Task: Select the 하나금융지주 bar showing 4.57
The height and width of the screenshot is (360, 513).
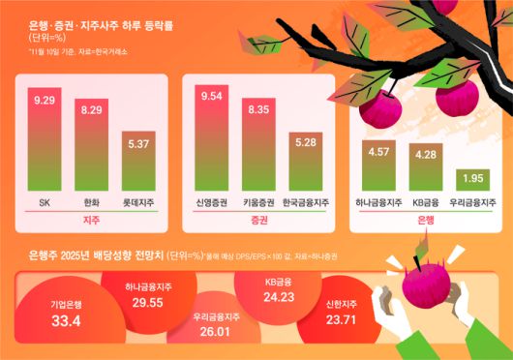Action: coord(378,167)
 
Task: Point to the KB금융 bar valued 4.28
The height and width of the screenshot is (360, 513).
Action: coord(427,169)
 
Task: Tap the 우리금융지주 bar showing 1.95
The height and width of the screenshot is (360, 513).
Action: coord(474,181)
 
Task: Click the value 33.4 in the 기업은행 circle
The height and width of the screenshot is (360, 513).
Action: coord(65,320)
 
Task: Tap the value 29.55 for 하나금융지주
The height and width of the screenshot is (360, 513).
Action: coord(146,302)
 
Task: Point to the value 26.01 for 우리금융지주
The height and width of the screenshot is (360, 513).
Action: coord(215,331)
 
